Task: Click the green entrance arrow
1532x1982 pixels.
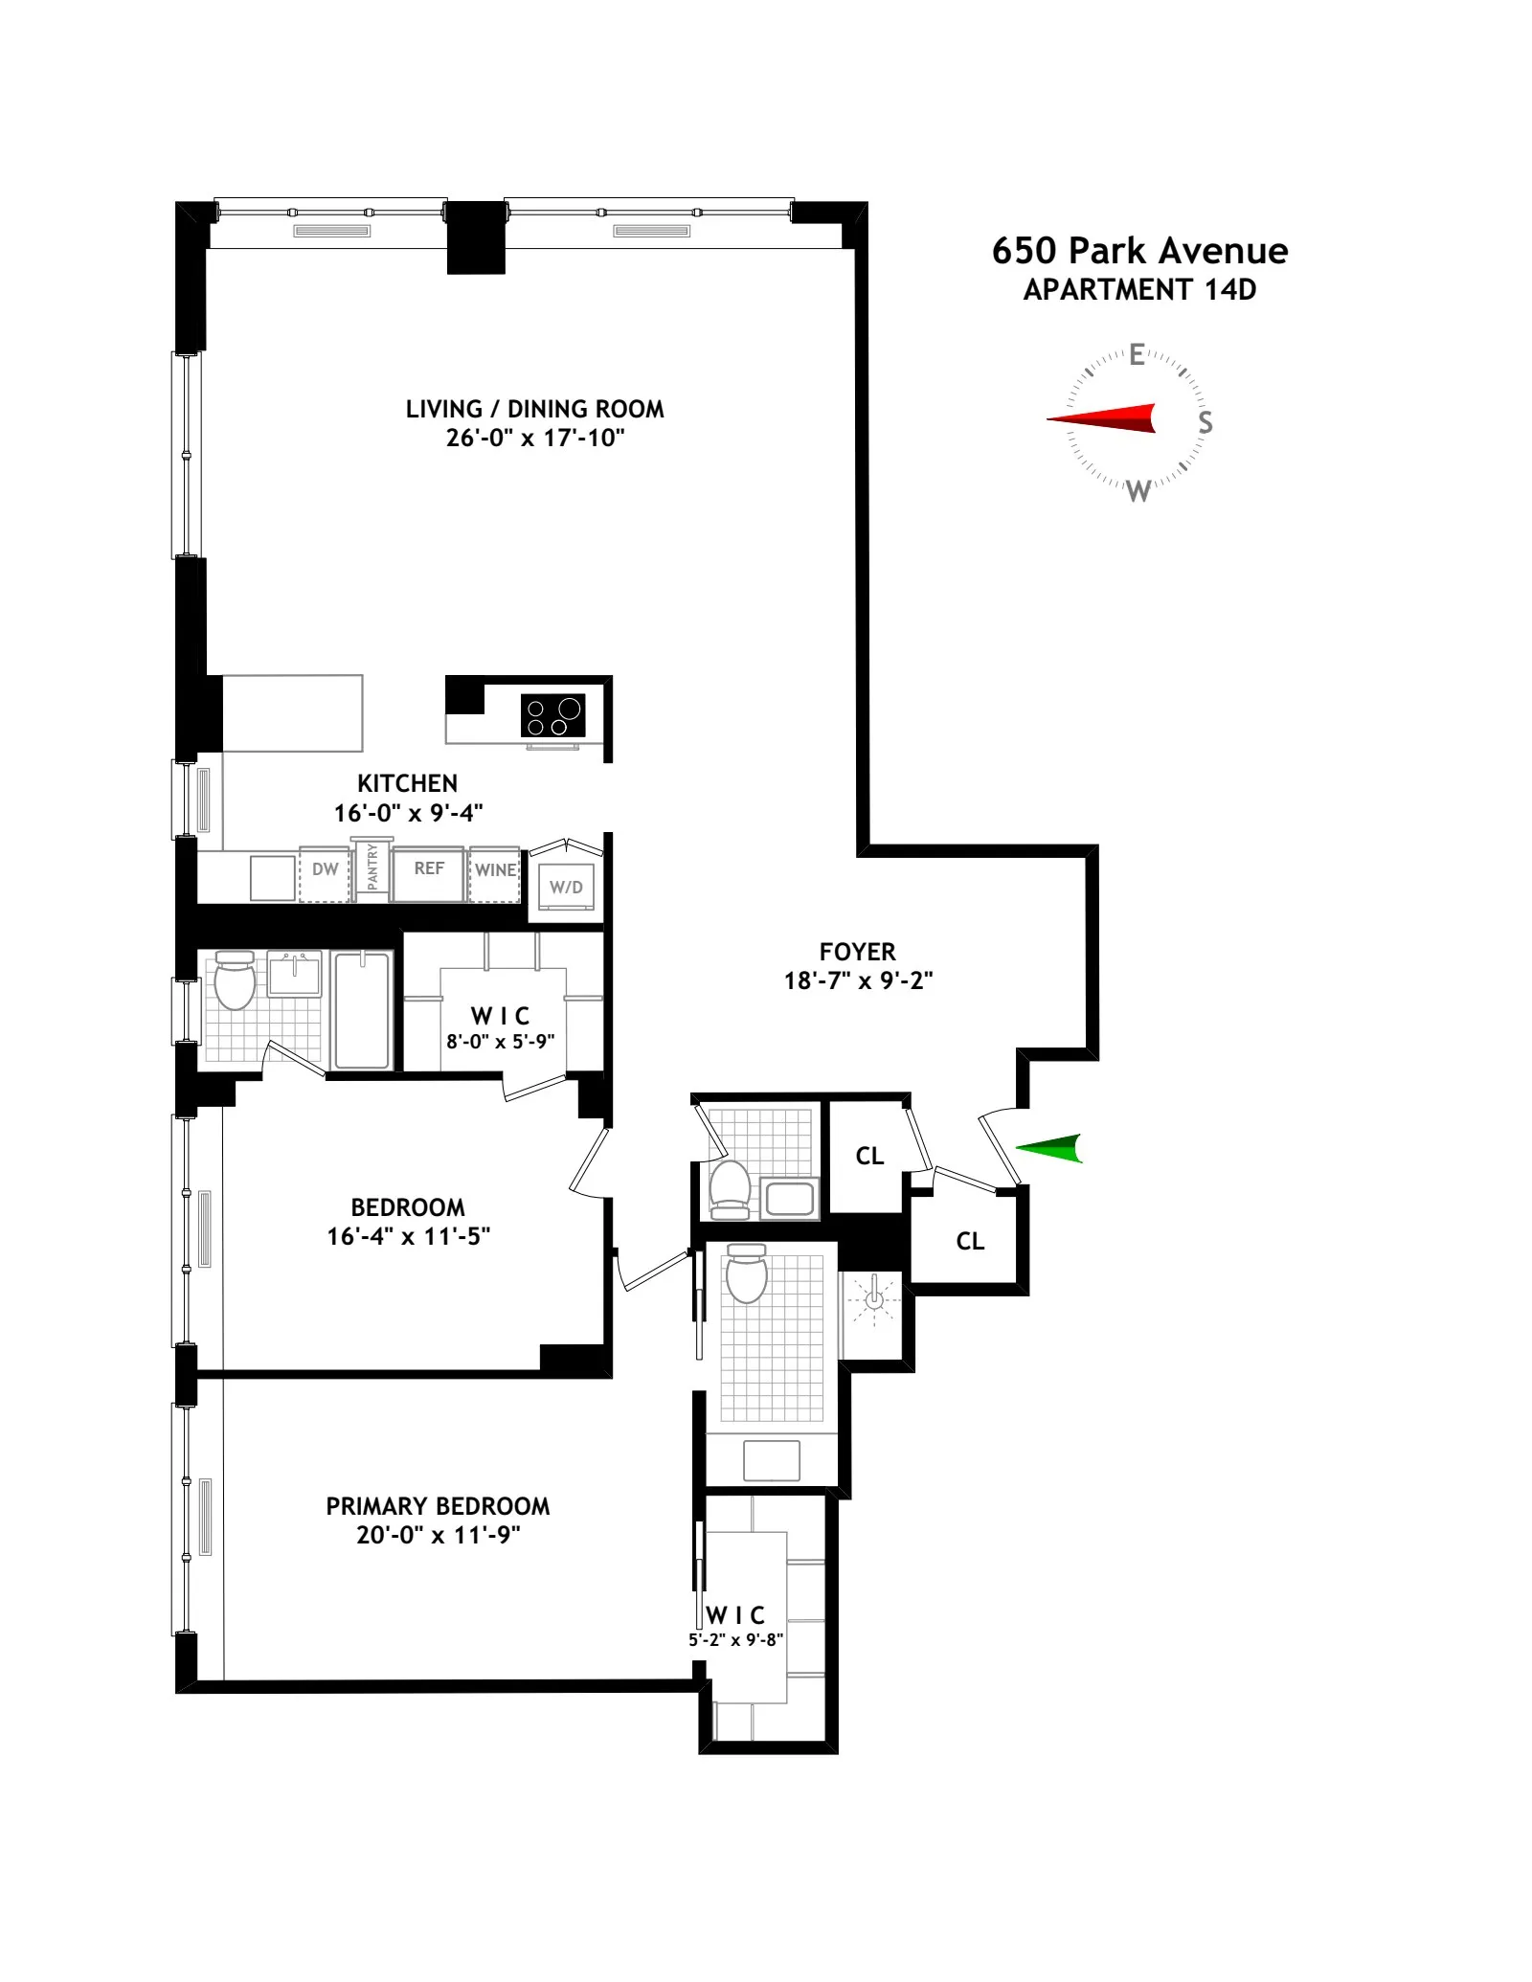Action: tap(1051, 1148)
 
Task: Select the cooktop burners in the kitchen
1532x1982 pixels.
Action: tap(552, 716)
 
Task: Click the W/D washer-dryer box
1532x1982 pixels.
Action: tap(566, 888)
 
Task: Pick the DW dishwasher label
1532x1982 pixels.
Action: tap(326, 869)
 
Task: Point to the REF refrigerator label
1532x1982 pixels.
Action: tap(429, 868)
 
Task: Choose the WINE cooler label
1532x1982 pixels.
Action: tap(495, 870)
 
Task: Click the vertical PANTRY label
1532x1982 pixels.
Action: tap(372, 867)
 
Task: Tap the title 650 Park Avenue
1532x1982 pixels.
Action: tap(1139, 251)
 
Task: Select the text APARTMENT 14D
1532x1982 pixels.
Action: tap(1139, 290)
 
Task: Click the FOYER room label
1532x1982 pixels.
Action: tap(857, 952)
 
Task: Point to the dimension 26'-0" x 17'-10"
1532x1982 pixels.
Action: tap(535, 439)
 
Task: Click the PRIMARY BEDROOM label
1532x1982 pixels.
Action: tap(438, 1506)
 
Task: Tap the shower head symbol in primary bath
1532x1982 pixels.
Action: tap(874, 1299)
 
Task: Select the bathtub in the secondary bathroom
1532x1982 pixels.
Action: tap(363, 1010)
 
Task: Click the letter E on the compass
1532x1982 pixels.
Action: tap(1137, 355)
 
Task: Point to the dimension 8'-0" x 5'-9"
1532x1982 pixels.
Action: tap(500, 1042)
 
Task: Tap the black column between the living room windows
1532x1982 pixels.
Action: tap(476, 239)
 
